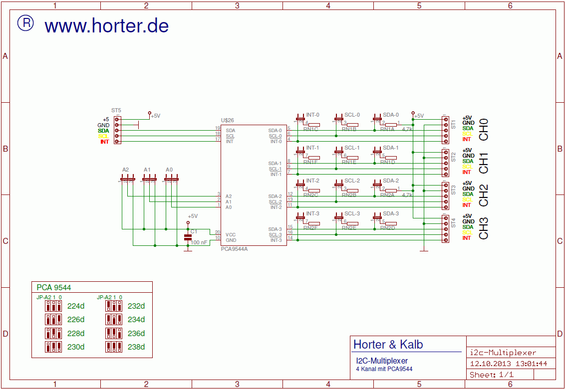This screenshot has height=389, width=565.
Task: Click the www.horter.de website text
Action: [x=107, y=26]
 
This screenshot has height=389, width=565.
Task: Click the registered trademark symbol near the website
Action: [x=25, y=23]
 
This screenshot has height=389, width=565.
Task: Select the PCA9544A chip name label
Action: [x=234, y=249]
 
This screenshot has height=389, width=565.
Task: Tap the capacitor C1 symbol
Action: [x=188, y=237]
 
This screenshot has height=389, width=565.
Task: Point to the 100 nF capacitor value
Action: [x=199, y=242]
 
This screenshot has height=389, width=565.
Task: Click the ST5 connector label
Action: [x=116, y=110]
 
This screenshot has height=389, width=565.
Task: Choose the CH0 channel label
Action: [x=484, y=129]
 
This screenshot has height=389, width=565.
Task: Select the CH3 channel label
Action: [x=484, y=228]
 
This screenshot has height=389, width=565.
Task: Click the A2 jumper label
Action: [x=125, y=170]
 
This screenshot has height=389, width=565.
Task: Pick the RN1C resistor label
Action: [x=310, y=130]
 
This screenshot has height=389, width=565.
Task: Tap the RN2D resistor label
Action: [x=387, y=228]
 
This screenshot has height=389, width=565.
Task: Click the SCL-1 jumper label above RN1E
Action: [x=352, y=148]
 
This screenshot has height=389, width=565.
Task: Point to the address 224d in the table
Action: [x=76, y=306]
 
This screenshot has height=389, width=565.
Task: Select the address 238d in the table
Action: [x=136, y=347]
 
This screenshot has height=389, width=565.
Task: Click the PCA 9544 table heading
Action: [x=54, y=287]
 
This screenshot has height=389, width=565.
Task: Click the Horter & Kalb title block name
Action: [x=388, y=345]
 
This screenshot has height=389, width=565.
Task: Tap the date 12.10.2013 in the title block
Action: [x=487, y=364]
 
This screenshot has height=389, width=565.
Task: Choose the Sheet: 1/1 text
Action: [x=491, y=375]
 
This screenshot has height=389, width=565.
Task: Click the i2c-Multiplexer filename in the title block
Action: [x=503, y=352]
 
